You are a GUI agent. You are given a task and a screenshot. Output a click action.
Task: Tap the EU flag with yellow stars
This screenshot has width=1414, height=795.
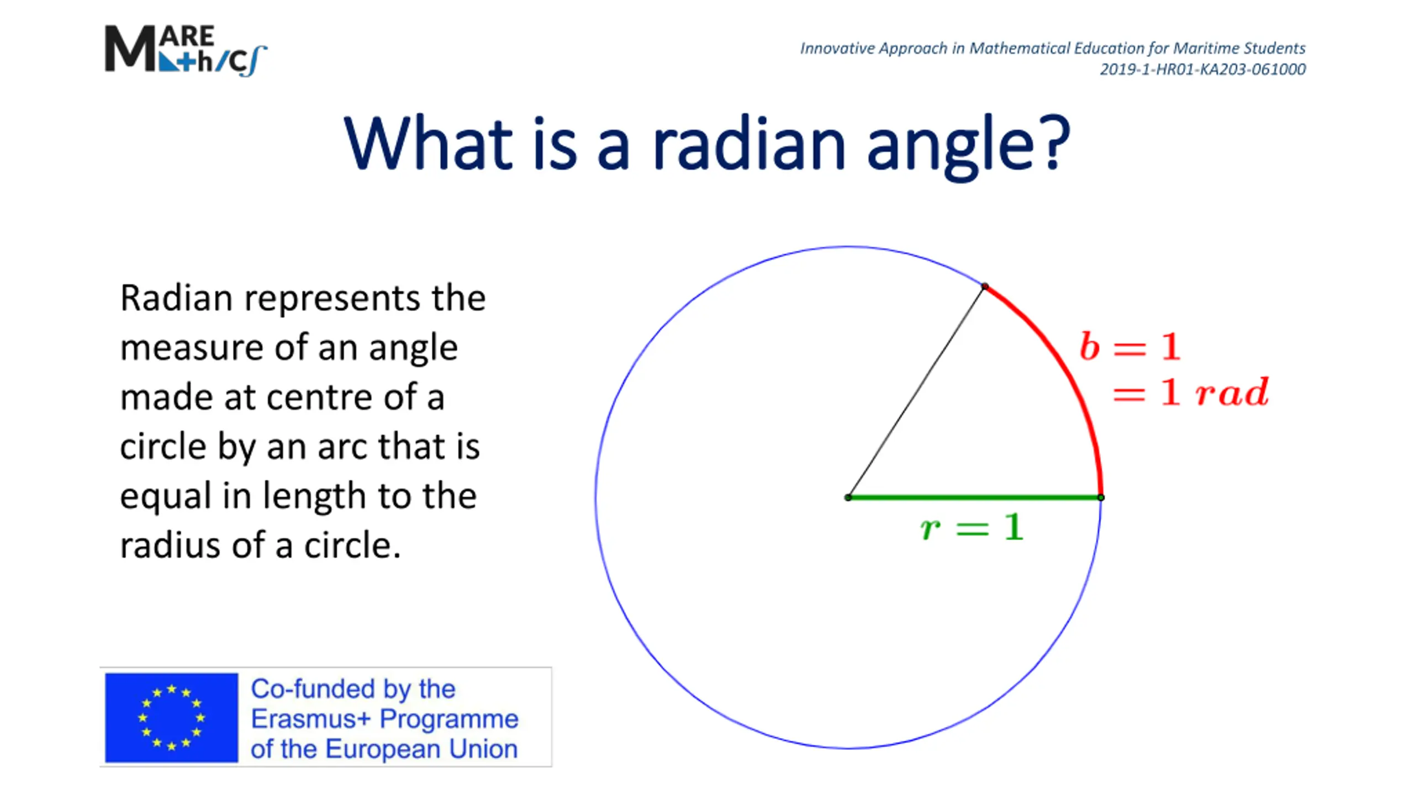click(171, 717)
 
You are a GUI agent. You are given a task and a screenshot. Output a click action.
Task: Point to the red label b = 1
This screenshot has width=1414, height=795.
click(1130, 347)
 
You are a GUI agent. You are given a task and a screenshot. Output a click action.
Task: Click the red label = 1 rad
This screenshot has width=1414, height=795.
click(1191, 393)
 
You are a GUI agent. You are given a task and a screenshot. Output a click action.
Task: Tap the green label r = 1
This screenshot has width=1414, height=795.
click(972, 527)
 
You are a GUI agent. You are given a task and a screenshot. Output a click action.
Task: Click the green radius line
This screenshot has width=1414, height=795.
click(974, 497)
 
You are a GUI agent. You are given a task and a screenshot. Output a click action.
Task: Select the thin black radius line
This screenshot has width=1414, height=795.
click(916, 392)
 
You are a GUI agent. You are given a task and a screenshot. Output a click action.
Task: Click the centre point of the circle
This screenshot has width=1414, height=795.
click(848, 497)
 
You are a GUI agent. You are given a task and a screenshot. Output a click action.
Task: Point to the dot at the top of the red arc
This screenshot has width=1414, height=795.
click(985, 286)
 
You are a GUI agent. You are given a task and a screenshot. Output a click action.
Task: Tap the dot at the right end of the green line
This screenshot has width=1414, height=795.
click(1101, 497)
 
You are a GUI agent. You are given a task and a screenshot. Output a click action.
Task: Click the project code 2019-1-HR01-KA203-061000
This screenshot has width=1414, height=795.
click(1202, 70)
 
